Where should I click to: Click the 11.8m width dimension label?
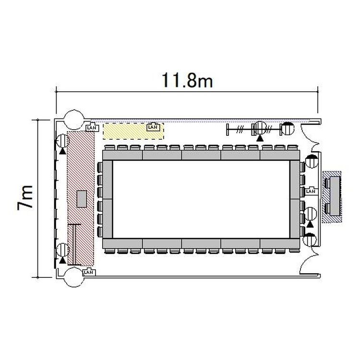tap(187, 80)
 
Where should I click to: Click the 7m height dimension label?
tap(25, 197)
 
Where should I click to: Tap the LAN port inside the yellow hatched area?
tap(153, 127)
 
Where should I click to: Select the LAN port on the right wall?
tap(311, 191)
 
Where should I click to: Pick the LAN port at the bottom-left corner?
tap(89, 272)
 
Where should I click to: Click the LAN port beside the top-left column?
tap(92, 128)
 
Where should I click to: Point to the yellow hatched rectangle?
tap(133, 131)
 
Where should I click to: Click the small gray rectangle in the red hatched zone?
tap(82, 199)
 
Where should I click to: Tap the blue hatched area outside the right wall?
tap(332, 197)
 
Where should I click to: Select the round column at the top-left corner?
tap(74, 120)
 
